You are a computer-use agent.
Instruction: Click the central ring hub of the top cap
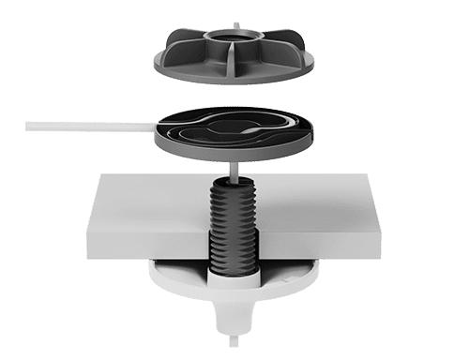click(227, 41)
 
